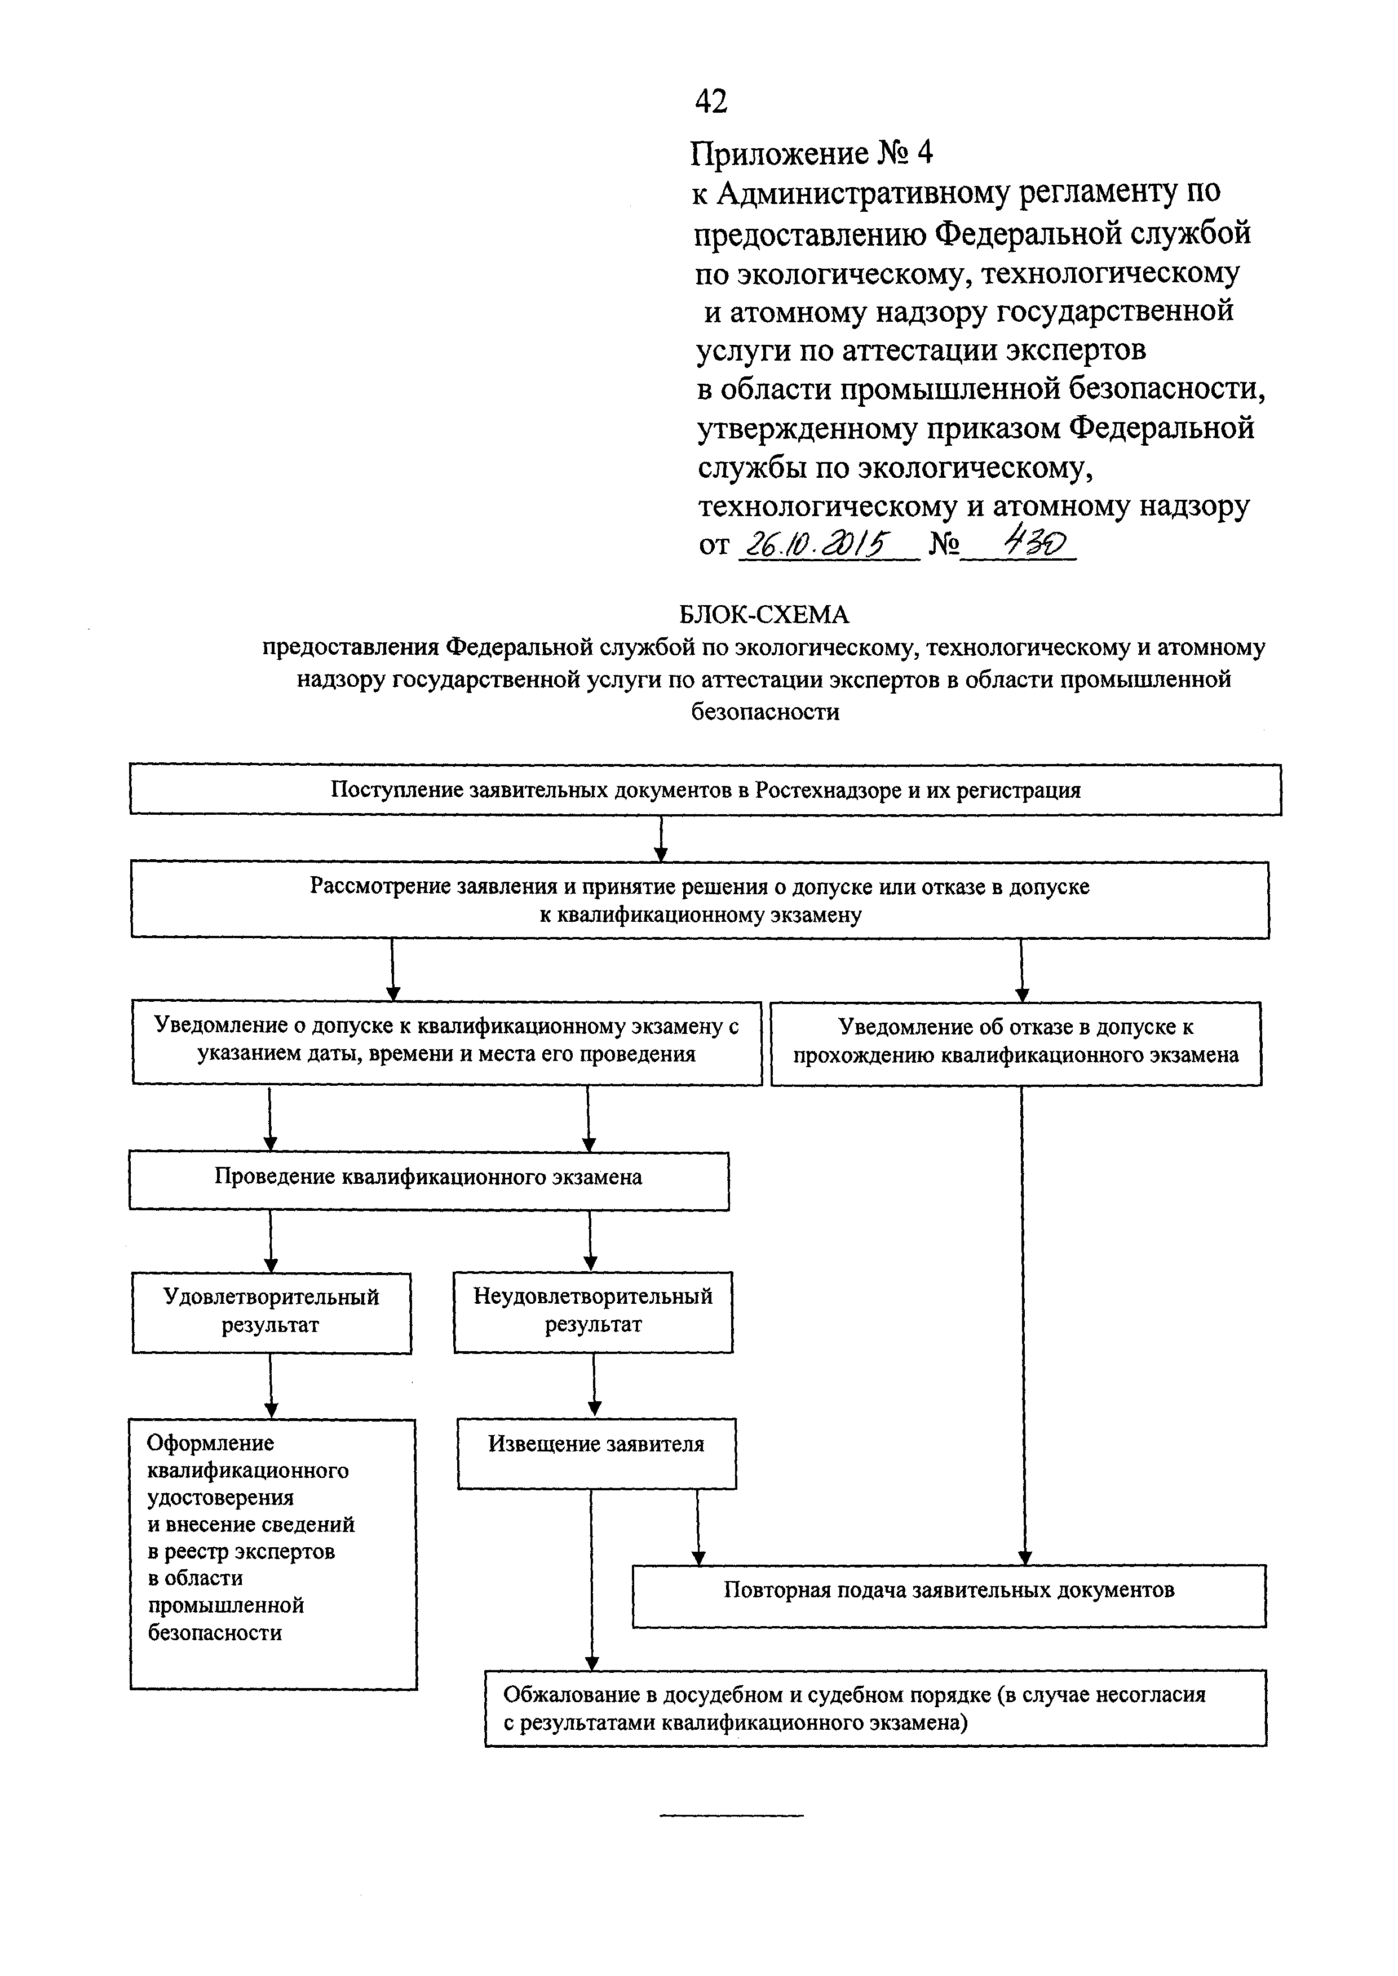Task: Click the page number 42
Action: pyautogui.click(x=711, y=101)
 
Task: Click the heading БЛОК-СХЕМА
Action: pyautogui.click(x=764, y=615)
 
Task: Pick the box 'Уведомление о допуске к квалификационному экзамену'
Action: pyautogui.click(x=447, y=1042)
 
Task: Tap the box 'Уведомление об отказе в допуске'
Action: pyautogui.click(x=1016, y=1043)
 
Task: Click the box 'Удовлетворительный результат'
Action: pyautogui.click(x=271, y=1312)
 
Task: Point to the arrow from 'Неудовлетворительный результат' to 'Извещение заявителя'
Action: pyautogui.click(x=594, y=1385)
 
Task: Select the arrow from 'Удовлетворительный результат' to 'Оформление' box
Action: pyautogui.click(x=271, y=1386)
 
